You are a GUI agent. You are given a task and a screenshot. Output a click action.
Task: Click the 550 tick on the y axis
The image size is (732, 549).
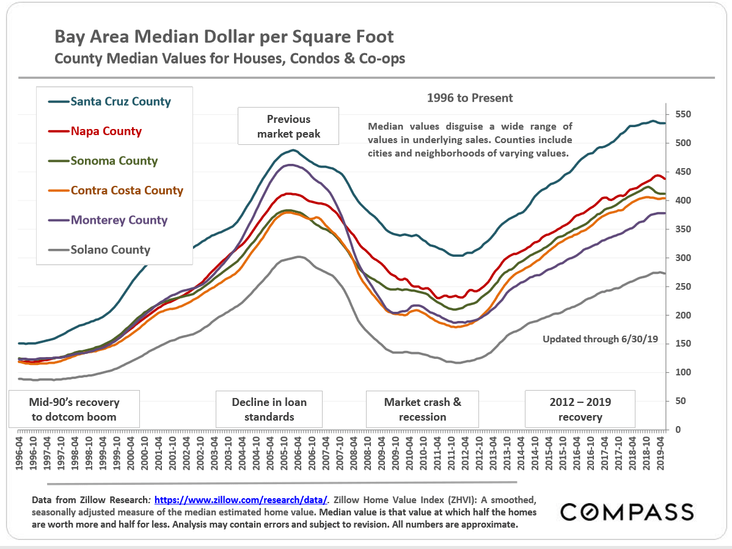683,114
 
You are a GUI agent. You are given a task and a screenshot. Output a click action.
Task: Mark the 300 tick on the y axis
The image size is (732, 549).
683,258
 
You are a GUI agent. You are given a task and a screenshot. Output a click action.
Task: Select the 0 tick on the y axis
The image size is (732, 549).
678,430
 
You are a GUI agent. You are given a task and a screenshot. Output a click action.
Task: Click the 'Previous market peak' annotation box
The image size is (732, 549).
288,126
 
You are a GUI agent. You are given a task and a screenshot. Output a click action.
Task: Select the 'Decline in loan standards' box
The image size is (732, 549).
269,410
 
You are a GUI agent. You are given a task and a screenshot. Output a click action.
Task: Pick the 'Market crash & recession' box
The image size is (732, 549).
422,410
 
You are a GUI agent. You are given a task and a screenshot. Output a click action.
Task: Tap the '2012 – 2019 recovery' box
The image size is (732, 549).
580,410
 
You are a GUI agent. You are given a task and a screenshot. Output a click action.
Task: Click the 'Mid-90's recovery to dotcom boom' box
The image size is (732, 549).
74,410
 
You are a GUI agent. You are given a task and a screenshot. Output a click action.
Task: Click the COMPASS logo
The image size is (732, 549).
627,512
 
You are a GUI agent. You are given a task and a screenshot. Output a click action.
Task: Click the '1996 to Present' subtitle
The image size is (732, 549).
469,98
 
